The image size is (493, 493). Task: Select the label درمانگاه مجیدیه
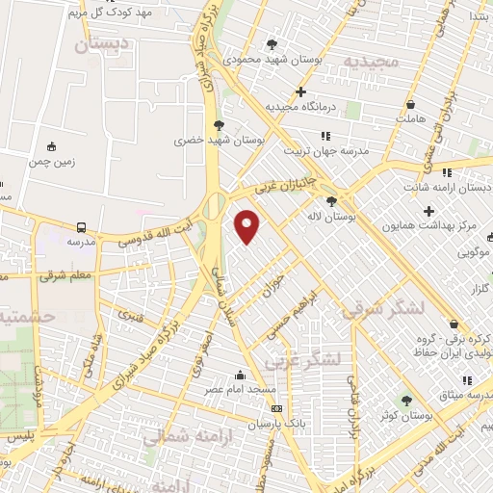[300, 107]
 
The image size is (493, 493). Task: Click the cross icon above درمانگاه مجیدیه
[301, 92]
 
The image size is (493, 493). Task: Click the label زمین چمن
[51, 163]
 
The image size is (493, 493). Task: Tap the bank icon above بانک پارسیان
[277, 408]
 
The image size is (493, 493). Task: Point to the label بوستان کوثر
[405, 415]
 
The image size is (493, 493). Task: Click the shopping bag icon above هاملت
[411, 104]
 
